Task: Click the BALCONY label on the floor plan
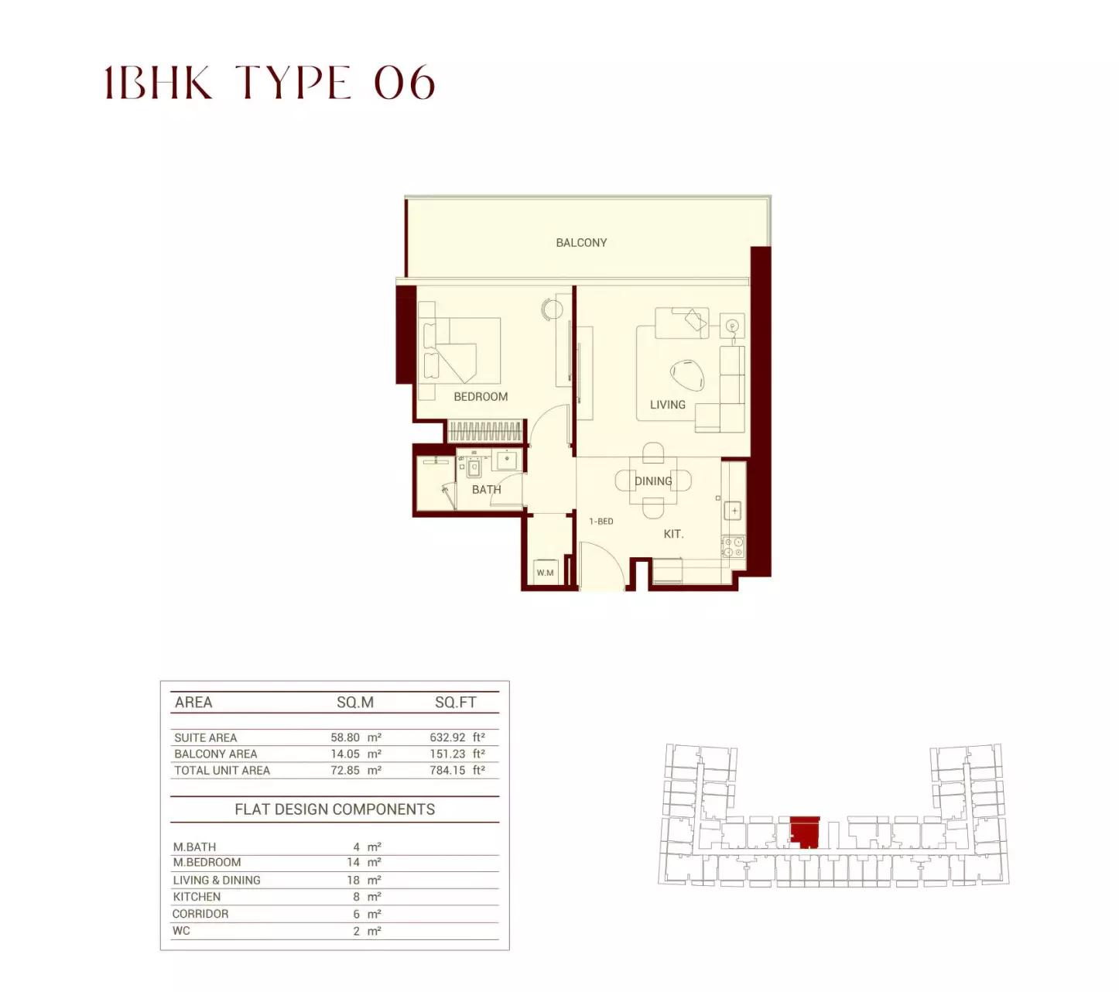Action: [581, 242]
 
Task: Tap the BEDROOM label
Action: [481, 397]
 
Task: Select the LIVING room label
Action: [667, 405]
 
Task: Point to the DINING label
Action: [653, 481]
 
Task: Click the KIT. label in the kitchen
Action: [673, 534]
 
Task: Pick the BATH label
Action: [486, 489]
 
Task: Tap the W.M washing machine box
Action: [545, 573]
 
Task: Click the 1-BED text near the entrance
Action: [601, 521]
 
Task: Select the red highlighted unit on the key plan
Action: [804, 830]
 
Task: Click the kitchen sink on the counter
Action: [734, 511]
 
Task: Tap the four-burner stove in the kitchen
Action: [734, 547]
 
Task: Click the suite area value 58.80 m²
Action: [356, 737]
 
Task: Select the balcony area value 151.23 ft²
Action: [457, 754]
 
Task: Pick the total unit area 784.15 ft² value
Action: [457, 770]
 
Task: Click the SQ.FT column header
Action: [455, 702]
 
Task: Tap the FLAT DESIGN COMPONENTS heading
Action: [335, 809]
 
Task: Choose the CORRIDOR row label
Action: [200, 914]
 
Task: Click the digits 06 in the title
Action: [405, 83]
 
